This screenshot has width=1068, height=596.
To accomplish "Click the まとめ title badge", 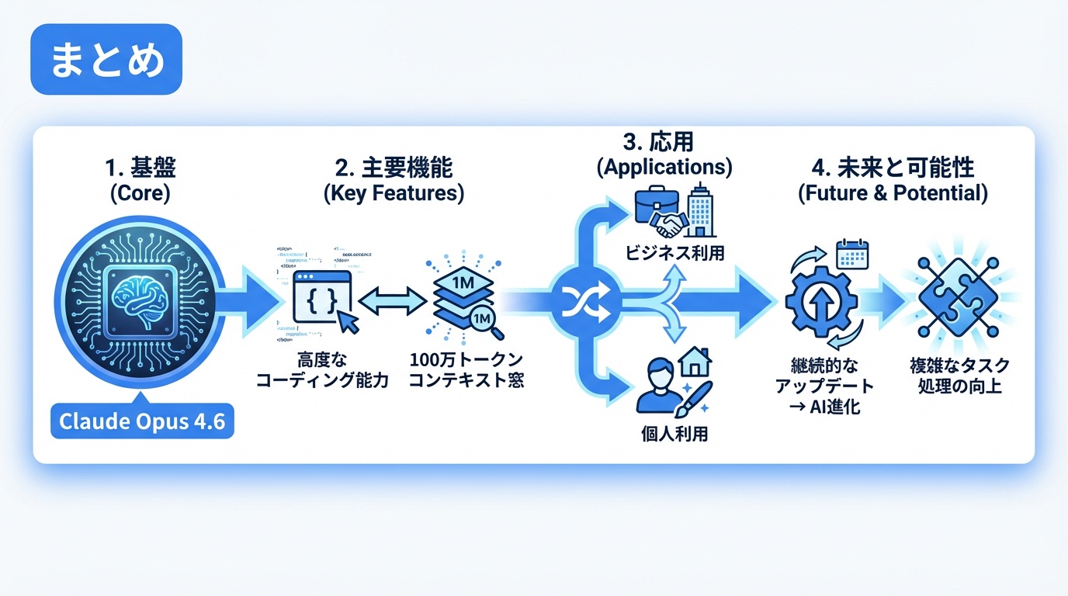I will (x=106, y=60).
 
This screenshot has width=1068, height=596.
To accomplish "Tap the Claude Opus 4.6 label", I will (x=142, y=423).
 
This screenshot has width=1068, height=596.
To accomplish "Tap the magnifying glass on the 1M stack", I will (x=486, y=321).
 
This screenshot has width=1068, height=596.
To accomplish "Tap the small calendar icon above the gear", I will (x=852, y=254).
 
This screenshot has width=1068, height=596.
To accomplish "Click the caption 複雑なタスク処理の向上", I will (x=959, y=375).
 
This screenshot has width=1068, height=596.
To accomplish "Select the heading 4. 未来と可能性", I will (x=893, y=168).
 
